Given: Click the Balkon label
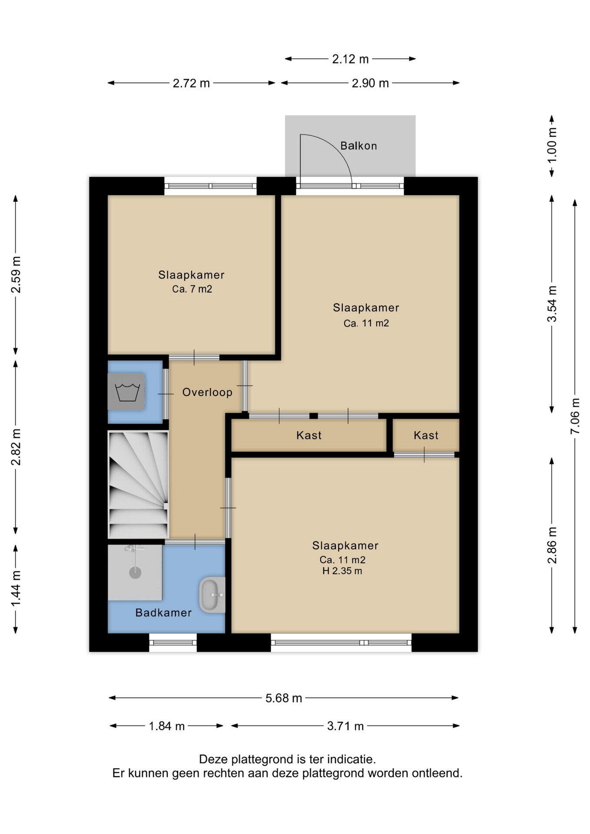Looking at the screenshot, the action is pos(358,146).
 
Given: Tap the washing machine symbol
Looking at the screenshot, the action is pos(126,391).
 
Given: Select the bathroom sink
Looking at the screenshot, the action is pos(212,595).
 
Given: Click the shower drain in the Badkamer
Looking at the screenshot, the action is pos(136,573).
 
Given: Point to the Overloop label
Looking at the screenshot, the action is pos(207,392).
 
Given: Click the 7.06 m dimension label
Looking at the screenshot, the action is pos(575,416).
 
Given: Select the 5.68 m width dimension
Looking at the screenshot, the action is pos(284,698).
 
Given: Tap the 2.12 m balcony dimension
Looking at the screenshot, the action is pos(350,59).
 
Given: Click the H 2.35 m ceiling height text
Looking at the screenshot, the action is pos(342,571).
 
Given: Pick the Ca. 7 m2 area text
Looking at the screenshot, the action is pos(192,289).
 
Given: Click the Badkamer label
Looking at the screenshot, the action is pos(163,612).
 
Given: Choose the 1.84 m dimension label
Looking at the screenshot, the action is pos(167,726).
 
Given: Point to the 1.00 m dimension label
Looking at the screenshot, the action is pos(552,145).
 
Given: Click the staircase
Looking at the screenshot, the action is pos(138,484).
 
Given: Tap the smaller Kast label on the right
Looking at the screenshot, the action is pos(426,435).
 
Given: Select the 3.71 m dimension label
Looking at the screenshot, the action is pos(345,726).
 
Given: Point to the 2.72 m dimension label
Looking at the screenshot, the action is pos(191,83).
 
